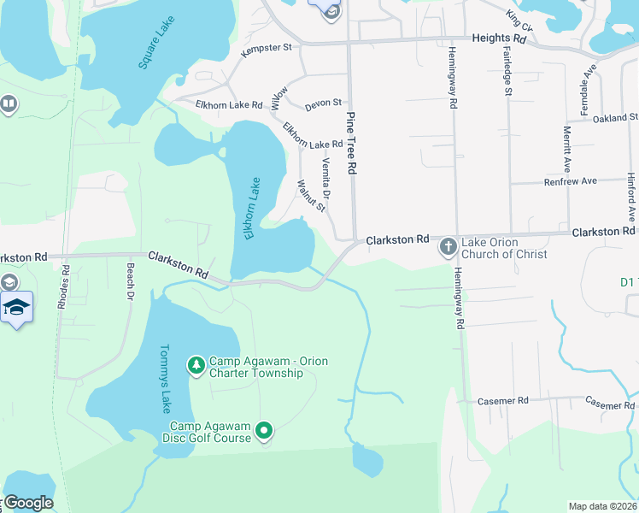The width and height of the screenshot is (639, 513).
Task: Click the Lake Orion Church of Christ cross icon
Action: (x=448, y=248)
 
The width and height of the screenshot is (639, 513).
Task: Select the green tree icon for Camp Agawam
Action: (x=196, y=366)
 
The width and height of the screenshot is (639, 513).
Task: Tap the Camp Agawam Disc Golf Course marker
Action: (x=265, y=432)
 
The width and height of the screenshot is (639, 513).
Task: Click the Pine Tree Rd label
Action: (x=350, y=144)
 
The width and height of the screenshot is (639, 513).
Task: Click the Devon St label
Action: (x=324, y=103)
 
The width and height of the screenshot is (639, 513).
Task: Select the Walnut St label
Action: (x=310, y=195)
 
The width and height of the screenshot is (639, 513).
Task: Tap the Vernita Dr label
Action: (x=326, y=177)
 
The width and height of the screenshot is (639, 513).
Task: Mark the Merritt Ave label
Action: (x=566, y=149)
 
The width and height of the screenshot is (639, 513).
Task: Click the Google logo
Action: (x=28, y=503)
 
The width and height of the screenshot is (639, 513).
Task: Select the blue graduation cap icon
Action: (x=16, y=307)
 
